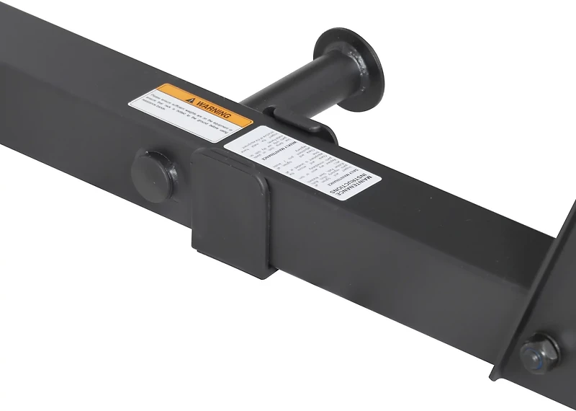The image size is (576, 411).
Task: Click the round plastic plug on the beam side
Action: pyautogui.click(x=153, y=175)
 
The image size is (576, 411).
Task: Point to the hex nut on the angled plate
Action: pyautogui.click(x=539, y=354)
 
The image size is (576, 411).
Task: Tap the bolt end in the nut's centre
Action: pyautogui.click(x=536, y=355)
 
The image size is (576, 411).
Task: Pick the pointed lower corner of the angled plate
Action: pyautogui.click(x=496, y=376)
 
